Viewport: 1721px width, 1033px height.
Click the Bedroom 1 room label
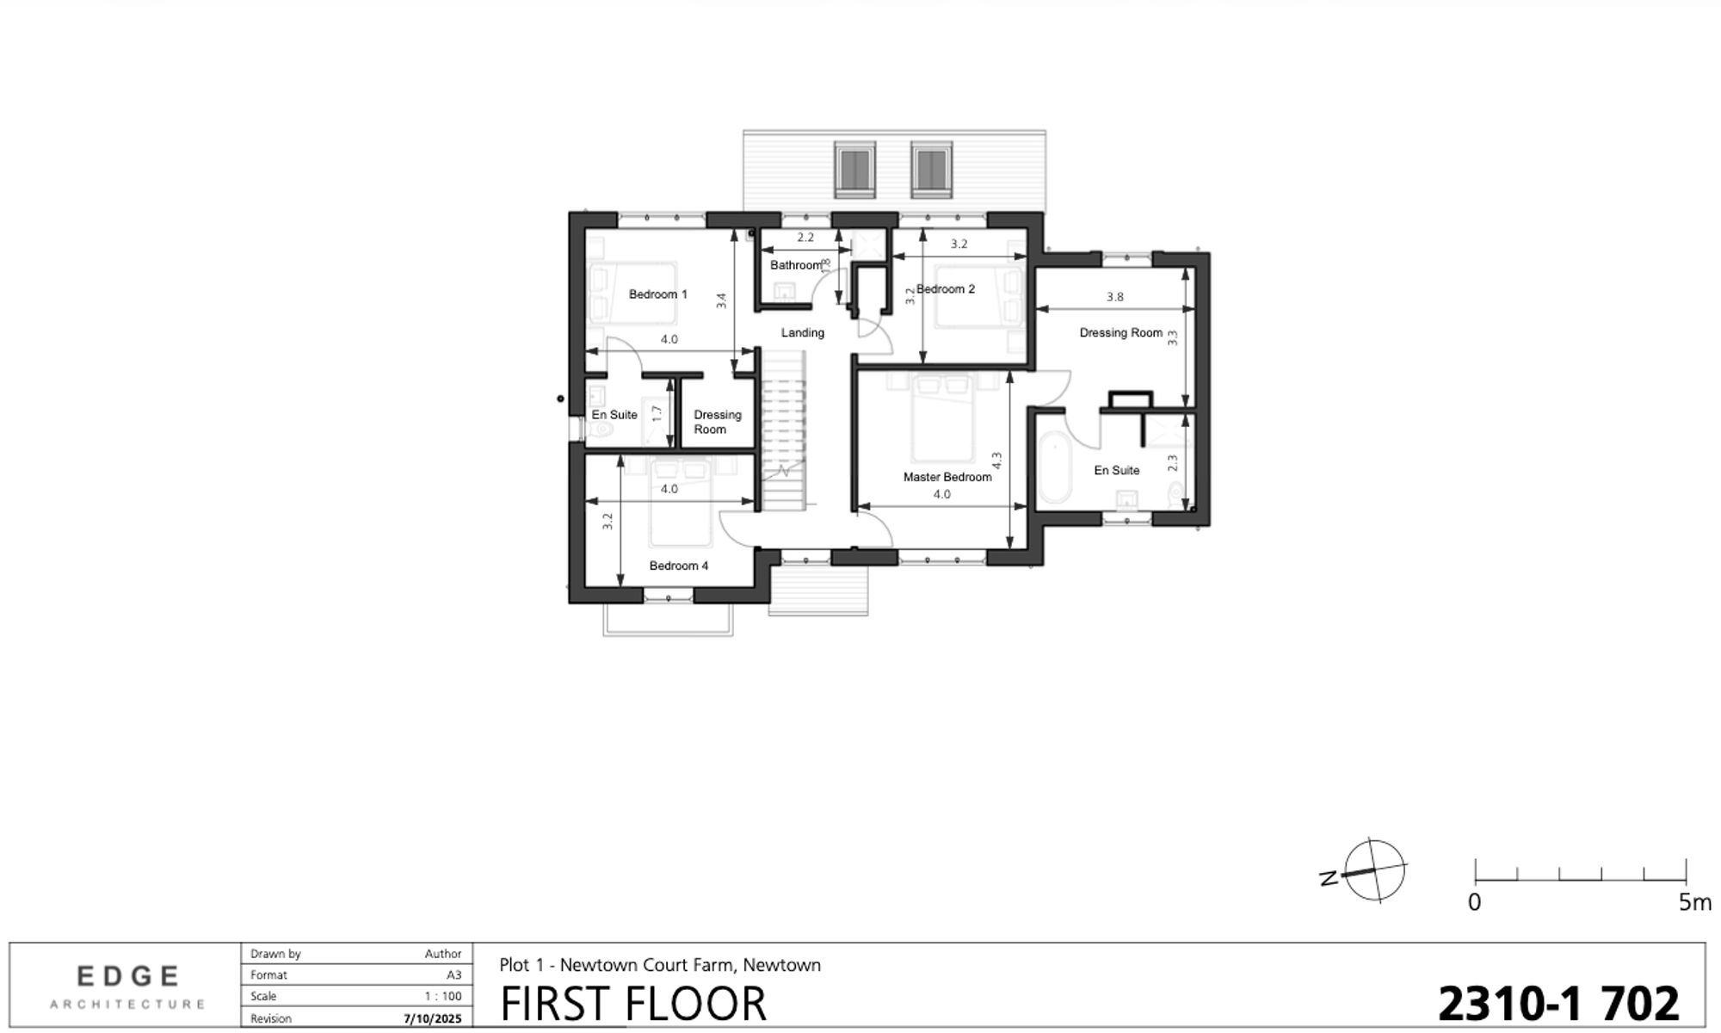[658, 294]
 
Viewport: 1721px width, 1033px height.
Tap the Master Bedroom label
[947, 477]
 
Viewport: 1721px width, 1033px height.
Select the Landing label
[803, 333]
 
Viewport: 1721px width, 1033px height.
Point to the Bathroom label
[796, 265]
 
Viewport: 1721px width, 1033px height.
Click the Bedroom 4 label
[679, 566]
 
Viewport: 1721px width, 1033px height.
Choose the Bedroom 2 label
[946, 289]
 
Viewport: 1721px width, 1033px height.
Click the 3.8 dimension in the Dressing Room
[1115, 297]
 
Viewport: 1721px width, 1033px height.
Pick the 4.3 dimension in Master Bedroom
[997, 461]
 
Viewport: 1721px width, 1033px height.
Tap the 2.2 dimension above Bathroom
[805, 238]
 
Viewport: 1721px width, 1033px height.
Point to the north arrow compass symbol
[1374, 870]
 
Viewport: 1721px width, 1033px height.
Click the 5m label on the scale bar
[1694, 903]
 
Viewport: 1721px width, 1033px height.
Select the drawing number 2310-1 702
[1558, 1004]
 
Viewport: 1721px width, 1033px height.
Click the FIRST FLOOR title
[633, 1004]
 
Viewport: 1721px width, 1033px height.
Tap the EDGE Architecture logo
[128, 986]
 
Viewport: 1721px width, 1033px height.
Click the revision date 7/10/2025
[433, 1019]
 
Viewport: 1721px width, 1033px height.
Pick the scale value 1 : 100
[443, 997]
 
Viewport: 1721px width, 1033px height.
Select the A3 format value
[454, 975]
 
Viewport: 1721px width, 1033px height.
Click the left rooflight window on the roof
[854, 169]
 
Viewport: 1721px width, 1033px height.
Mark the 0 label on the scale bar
[1475, 903]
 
